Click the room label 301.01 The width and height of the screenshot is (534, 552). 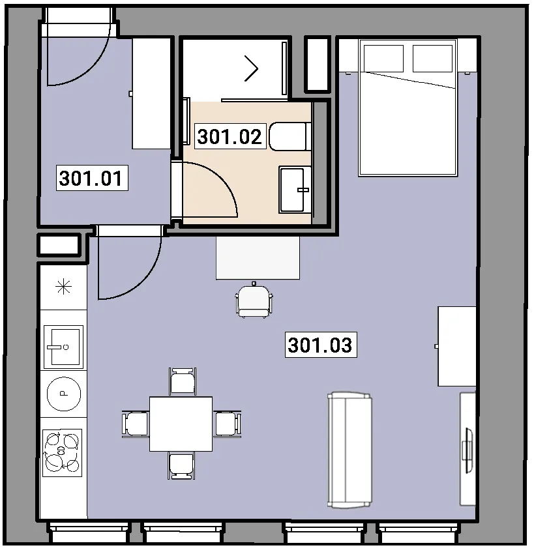[91, 178]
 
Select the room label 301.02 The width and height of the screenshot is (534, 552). [230, 137]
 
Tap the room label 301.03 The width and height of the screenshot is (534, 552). [321, 345]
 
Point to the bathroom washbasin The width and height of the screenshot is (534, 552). [295, 190]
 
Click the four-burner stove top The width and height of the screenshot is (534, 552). [63, 453]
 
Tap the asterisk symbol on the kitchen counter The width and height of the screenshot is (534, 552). [63, 287]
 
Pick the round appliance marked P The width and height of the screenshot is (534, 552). [64, 394]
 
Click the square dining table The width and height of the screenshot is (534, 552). [181, 424]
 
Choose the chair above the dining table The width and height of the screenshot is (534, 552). [183, 382]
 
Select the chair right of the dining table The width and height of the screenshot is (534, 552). [227, 424]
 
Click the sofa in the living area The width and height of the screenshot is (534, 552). [349, 450]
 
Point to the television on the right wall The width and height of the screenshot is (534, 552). [469, 450]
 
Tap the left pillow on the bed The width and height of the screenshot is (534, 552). [383, 59]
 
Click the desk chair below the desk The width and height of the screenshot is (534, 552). [254, 300]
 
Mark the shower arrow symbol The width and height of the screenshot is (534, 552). [252, 68]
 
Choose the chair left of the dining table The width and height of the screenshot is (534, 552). [135, 424]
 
